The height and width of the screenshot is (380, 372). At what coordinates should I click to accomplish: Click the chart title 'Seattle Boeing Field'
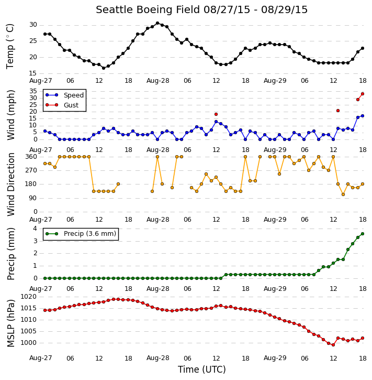pyautogui.click(x=148, y=10)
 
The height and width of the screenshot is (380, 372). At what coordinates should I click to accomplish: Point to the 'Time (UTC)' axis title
pyautogui.click(x=202, y=370)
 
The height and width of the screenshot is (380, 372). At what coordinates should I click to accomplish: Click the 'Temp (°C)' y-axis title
pyautogui.click(x=10, y=47)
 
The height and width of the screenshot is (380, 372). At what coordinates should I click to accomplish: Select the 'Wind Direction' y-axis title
pyautogui.click(x=11, y=184)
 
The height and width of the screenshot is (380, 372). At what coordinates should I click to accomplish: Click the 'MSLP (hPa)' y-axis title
pyautogui.click(x=11, y=323)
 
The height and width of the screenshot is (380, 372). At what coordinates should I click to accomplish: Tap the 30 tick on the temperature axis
pyautogui.click(x=33, y=25)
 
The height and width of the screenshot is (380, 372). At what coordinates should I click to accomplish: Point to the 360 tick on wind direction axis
pyautogui.click(x=31, y=157)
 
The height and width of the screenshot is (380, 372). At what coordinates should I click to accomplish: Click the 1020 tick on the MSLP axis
pyautogui.click(x=29, y=297)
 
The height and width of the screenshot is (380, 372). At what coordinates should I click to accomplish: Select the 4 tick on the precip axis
pyautogui.click(x=35, y=229)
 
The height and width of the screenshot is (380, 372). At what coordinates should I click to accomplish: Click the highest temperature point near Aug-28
pyautogui.click(x=157, y=23)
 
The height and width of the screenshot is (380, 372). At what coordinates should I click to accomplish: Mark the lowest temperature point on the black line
pyautogui.click(x=104, y=68)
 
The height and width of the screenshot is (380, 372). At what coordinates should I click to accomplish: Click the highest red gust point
pyautogui.click(x=363, y=94)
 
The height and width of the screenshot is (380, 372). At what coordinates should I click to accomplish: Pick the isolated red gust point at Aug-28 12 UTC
pyautogui.click(x=216, y=114)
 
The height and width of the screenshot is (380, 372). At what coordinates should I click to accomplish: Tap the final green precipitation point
pyautogui.click(x=363, y=234)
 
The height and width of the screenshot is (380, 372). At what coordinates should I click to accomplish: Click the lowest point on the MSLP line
pyautogui.click(x=333, y=345)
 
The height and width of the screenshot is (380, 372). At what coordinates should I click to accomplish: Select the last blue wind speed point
pyautogui.click(x=363, y=116)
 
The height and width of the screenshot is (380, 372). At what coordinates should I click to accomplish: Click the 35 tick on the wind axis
pyautogui.click(x=33, y=91)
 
